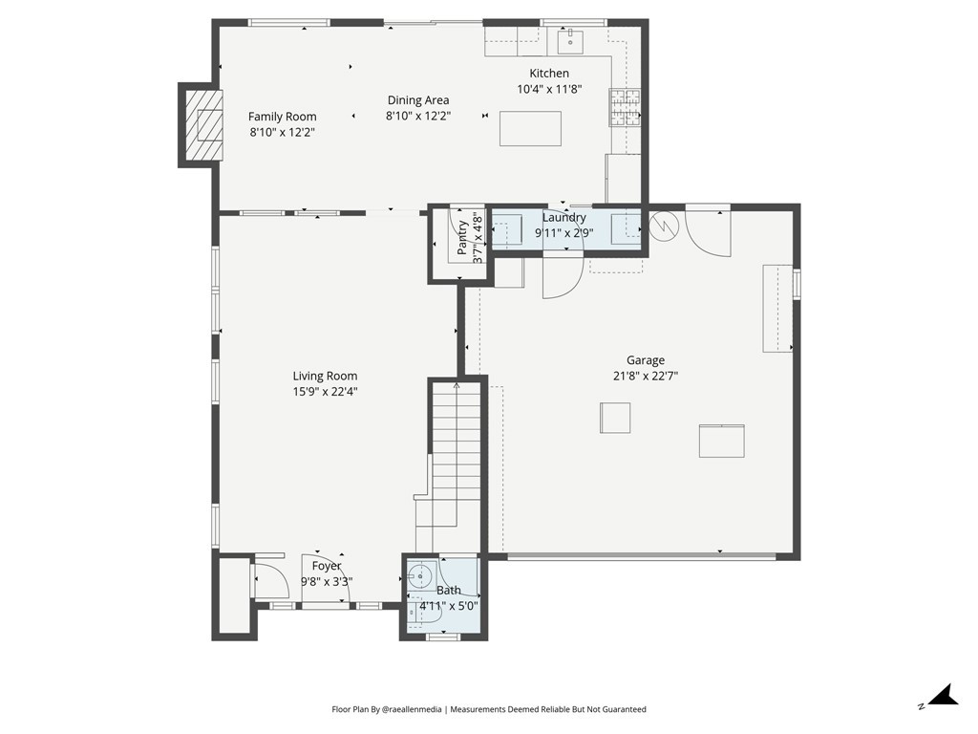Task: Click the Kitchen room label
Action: (549, 74)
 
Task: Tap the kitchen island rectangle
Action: (530, 129)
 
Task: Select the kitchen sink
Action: (570, 41)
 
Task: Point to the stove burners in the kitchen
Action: (625, 107)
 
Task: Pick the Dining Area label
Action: (418, 99)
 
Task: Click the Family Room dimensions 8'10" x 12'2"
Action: (282, 132)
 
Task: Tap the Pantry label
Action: (462, 238)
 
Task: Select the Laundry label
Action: (563, 218)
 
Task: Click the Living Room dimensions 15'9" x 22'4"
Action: (325, 392)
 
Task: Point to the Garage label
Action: (646, 360)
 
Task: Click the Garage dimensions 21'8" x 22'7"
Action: (646, 376)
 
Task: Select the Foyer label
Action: (327, 566)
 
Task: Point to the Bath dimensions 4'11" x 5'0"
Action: (449, 606)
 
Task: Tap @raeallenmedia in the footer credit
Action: (411, 709)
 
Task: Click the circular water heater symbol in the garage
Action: (663, 226)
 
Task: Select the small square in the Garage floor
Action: (615, 418)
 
